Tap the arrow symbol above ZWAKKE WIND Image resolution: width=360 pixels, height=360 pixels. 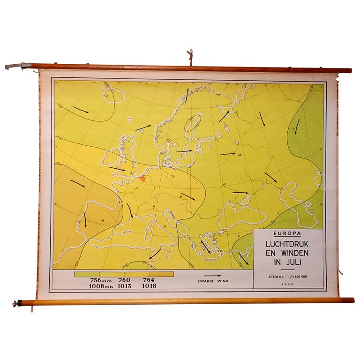(213, 276)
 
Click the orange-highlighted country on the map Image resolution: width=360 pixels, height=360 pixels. (142, 178)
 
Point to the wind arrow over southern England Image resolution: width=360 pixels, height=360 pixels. (117, 168)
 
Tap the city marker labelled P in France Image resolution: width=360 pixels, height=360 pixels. (136, 188)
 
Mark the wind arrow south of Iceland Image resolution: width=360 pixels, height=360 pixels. (81, 110)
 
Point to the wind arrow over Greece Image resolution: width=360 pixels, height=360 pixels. (205, 247)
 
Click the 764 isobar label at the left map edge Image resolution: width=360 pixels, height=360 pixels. (59, 165)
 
